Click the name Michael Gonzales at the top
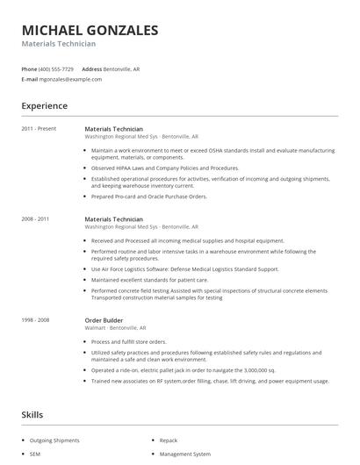click(90, 31)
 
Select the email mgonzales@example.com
click(70, 79)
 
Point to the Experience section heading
click(44, 106)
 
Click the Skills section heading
click(32, 413)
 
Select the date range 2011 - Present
click(39, 129)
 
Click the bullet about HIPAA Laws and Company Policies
click(164, 168)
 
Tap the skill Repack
click(169, 440)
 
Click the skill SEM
click(36, 454)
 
